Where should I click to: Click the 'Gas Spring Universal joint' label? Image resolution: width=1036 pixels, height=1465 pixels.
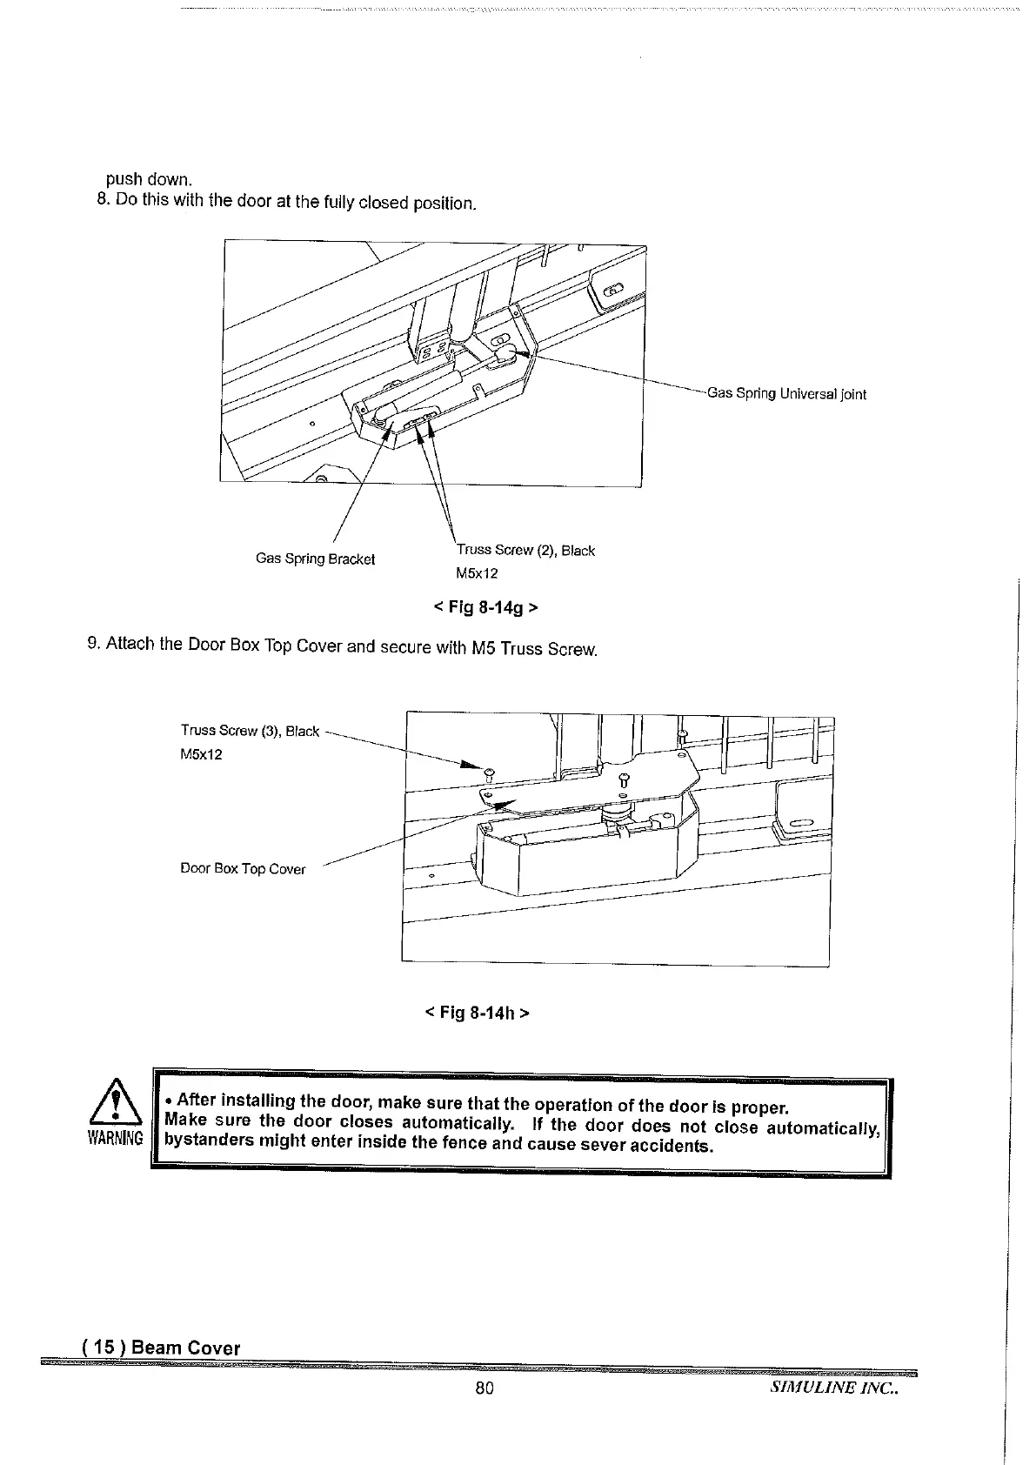click(x=786, y=393)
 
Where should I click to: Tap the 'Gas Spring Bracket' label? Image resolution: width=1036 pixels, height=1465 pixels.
click(x=315, y=559)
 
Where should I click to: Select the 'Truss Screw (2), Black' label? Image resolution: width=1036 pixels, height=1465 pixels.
click(x=525, y=550)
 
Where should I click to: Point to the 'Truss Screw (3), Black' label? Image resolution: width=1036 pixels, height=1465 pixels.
click(x=250, y=731)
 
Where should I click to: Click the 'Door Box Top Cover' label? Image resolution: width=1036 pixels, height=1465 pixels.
click(x=243, y=869)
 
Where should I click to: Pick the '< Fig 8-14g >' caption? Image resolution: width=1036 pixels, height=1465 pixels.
click(x=485, y=606)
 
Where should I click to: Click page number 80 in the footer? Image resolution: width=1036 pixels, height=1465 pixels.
click(x=485, y=1388)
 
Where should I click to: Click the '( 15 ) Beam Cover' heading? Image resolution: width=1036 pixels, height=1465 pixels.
click(x=161, y=1348)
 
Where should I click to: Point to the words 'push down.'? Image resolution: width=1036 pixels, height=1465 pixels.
click(x=148, y=179)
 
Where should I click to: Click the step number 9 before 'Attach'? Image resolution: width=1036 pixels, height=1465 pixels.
click(x=93, y=643)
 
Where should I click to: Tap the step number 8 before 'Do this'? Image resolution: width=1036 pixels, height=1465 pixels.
click(x=101, y=199)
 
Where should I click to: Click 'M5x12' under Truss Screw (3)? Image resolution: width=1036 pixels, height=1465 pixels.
click(x=201, y=754)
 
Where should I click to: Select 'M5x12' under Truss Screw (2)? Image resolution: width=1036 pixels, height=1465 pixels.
click(x=477, y=573)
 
